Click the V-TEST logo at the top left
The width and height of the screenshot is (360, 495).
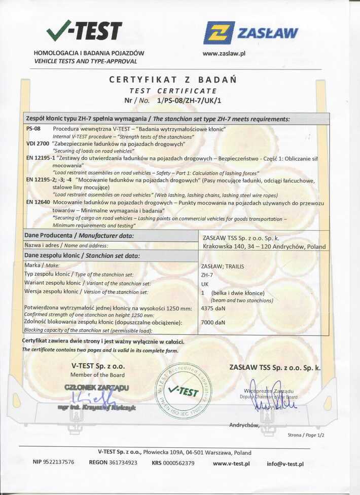coord(84,31)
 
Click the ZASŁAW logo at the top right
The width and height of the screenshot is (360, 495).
coord(250,33)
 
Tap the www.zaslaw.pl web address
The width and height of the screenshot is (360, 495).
coord(224,53)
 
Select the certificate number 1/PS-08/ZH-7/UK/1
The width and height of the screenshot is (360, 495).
coord(190,100)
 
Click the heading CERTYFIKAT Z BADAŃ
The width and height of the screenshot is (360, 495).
coord(173,80)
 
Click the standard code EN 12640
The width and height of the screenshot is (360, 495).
coord(37,202)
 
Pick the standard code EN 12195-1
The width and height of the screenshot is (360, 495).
coord(40,158)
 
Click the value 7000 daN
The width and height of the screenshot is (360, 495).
coord(213,322)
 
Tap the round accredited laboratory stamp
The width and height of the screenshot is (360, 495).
coord(183,391)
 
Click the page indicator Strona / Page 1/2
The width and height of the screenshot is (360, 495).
coord(306,435)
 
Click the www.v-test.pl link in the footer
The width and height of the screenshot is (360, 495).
coord(231,463)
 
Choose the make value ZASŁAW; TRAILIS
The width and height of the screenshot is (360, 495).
coord(223,266)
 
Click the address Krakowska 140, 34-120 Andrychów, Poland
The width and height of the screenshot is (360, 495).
coord(264,247)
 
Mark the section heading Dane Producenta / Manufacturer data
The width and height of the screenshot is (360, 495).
coord(79,236)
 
